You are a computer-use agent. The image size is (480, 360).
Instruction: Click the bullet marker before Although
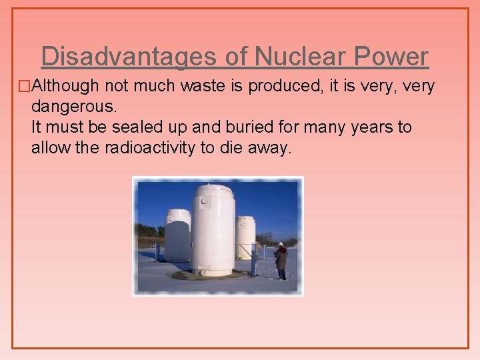pyautogui.click(x=25, y=86)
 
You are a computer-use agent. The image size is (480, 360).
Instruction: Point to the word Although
pyautogui.click(x=63, y=86)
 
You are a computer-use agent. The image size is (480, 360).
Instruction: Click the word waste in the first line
pyautogui.click(x=188, y=86)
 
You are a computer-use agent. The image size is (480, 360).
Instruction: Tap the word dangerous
pyautogui.click(x=72, y=107)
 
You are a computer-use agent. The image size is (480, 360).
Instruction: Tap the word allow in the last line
pyautogui.click(x=49, y=147)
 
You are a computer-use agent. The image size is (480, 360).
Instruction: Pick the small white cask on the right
pyautogui.click(x=245, y=237)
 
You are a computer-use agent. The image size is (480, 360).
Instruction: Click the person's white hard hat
pyautogui.click(x=281, y=244)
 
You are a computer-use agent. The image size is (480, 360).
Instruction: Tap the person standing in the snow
pyautogui.click(x=281, y=261)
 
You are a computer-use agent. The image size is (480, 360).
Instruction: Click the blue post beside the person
pyautogui.click(x=254, y=262)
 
